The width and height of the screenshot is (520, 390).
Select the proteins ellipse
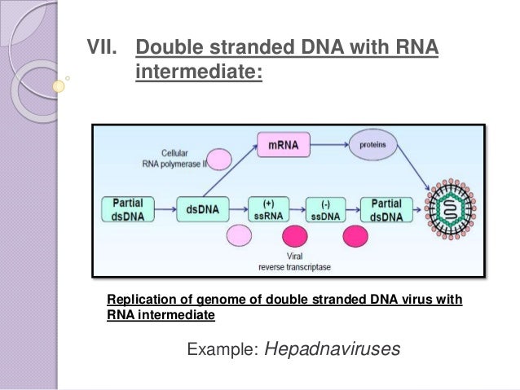pyautogui.click(x=372, y=146)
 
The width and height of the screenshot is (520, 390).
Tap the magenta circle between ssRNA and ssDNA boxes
pyautogui.click(x=294, y=238)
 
